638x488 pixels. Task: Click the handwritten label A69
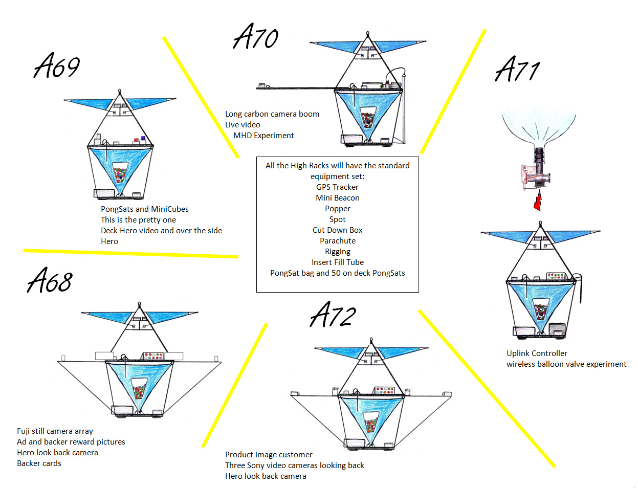[57, 66]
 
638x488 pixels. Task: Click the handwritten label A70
[256, 37]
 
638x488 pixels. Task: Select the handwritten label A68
[50, 280]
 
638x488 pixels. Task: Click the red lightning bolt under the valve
[537, 199]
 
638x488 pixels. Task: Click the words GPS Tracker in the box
[337, 187]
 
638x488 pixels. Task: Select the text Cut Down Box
[337, 230]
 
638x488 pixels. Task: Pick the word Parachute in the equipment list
[337, 241]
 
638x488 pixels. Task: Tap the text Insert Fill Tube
[337, 262]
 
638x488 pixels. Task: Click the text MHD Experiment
[263, 136]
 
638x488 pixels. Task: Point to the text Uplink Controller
[537, 353]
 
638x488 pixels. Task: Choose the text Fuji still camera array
[55, 431]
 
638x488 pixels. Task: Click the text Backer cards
[39, 463]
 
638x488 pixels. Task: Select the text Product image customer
[269, 455]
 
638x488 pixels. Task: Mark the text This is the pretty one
[138, 220]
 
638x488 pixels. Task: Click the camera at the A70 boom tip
[263, 85]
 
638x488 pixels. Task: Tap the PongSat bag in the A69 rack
[120, 173]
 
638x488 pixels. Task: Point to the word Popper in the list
[337, 209]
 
